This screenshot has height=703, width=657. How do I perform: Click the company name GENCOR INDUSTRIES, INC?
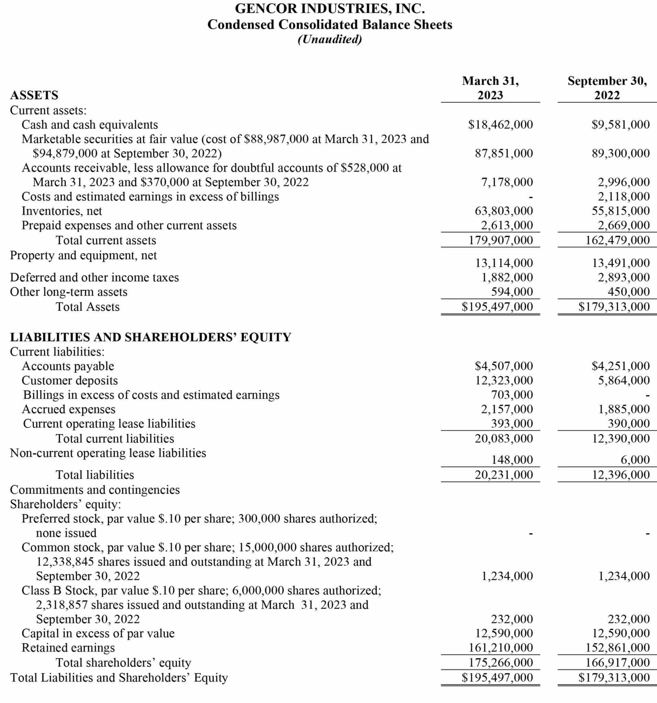[330, 9]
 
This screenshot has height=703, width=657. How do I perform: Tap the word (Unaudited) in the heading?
[330, 39]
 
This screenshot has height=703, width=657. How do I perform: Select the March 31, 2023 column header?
[490, 88]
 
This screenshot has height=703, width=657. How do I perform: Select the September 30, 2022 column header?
[607, 88]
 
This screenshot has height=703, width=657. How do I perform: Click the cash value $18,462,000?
[500, 125]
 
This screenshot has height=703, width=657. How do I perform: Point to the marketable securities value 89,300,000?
[621, 153]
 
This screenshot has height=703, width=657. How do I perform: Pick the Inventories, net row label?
[62, 211]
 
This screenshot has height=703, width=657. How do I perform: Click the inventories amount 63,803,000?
[504, 211]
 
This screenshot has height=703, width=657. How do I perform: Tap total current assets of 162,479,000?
[618, 240]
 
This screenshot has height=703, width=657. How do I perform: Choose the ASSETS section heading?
[34, 95]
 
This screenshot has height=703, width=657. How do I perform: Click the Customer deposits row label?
[70, 380]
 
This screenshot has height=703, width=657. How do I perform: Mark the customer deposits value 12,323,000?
[504, 380]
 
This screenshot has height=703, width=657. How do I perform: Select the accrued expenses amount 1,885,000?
[624, 409]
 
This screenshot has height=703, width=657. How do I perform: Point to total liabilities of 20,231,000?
[504, 475]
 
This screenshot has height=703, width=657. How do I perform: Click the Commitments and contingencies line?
[95, 490]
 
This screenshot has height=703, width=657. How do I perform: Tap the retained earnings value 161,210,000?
[500, 647]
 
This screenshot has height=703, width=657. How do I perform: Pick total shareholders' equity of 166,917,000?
[618, 662]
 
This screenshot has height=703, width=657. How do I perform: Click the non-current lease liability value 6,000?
[635, 460]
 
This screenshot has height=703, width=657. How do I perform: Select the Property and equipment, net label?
[83, 255]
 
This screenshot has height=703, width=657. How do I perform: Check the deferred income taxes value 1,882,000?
[507, 277]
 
